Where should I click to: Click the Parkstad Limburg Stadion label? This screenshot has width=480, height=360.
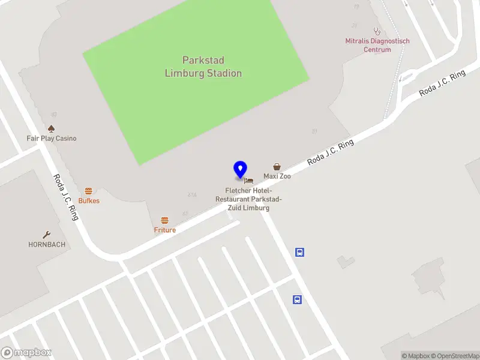tap(203, 67)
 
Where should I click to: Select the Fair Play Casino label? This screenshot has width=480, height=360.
tap(52, 139)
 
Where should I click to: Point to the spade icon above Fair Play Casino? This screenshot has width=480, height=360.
tap(52, 128)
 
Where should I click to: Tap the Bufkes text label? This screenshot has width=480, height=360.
tap(89, 201)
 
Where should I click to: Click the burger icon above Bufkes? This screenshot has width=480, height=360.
tap(89, 191)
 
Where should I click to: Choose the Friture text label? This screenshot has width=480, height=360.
tap(165, 230)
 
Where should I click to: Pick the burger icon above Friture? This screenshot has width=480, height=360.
tap(165, 220)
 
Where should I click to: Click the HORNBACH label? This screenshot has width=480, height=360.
tap(47, 245)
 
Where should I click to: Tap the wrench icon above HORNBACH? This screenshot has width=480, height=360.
tap(47, 235)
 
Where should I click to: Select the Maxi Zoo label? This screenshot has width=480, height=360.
tap(277, 176)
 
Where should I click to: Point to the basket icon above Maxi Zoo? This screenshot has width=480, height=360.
tap(277, 167)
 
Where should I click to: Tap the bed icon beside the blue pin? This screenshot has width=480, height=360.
tap(249, 180)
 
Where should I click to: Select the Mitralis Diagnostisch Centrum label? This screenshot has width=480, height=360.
tap(377, 46)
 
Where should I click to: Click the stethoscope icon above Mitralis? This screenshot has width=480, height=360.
tap(377, 31)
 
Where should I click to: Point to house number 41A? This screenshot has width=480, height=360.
tap(192, 195)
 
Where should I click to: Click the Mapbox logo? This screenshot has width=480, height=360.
tap(26, 353)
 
